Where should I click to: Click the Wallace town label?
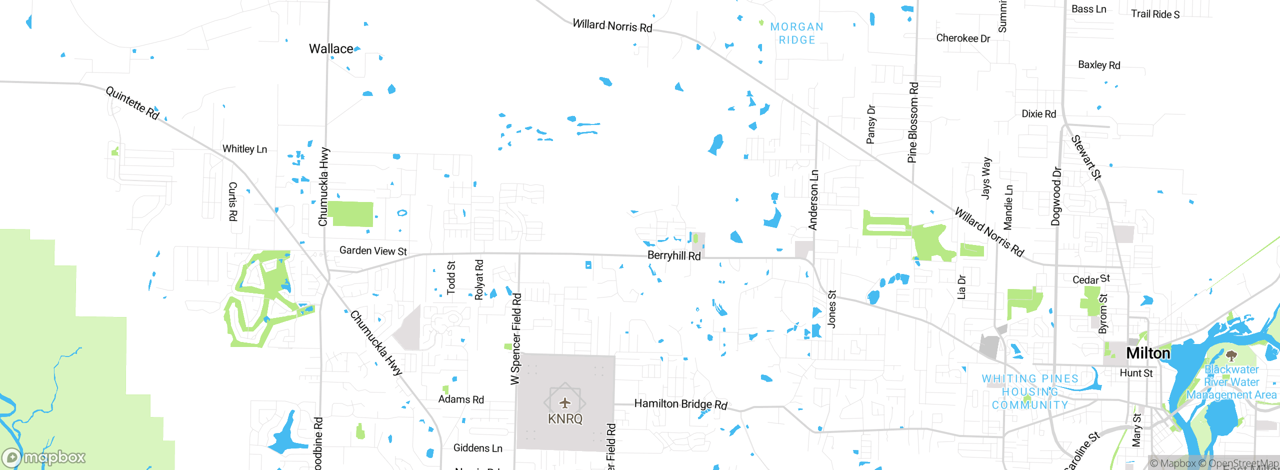[x=331, y=49]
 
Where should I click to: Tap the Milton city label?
[x=1148, y=353]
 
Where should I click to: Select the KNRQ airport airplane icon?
[x=565, y=403]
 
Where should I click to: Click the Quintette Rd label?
[x=132, y=103]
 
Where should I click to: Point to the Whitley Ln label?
[x=244, y=149]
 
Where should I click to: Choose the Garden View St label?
[x=373, y=250]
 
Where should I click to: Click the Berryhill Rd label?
[x=674, y=255]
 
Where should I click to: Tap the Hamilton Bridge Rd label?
[x=680, y=404]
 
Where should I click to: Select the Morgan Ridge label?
[x=797, y=33]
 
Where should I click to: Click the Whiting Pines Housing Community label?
[x=1030, y=392]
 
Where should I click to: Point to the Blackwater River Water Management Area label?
[x=1231, y=382]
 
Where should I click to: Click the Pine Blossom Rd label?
[x=913, y=122]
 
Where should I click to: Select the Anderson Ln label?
[x=813, y=200]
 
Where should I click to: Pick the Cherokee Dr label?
[x=963, y=38]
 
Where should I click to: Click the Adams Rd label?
[x=461, y=399]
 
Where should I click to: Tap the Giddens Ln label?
[x=477, y=448]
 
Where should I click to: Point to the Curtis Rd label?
[x=233, y=201]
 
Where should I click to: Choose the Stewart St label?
[x=1086, y=157]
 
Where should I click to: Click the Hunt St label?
[x=1136, y=373]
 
